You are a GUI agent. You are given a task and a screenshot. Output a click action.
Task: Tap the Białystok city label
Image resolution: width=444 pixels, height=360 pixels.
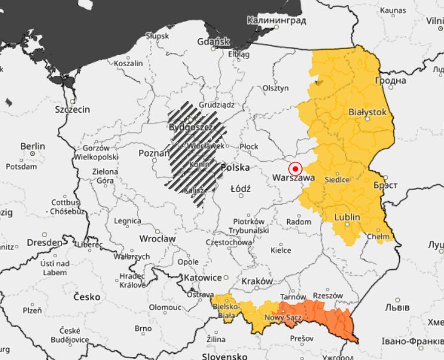pyautogui.click(x=367, y=112)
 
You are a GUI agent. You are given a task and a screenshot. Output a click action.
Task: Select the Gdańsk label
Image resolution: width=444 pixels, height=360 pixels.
pyautogui.click(x=213, y=42)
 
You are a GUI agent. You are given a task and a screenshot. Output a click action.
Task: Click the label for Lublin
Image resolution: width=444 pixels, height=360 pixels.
pyautogui.click(x=347, y=217)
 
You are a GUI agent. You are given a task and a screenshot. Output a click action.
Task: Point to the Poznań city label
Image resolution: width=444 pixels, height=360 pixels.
pyautogui.click(x=154, y=153)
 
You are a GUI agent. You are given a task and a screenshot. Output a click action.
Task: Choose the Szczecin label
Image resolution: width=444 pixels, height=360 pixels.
pyautogui.click(x=72, y=109)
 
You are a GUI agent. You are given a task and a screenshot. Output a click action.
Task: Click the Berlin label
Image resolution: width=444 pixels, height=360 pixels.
pyautogui.click(x=32, y=146)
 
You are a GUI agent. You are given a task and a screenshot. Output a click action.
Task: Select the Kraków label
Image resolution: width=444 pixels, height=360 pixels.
pyautogui.click(x=257, y=281)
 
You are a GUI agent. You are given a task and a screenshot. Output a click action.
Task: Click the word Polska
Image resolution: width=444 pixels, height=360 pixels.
pyautogui.click(x=235, y=168)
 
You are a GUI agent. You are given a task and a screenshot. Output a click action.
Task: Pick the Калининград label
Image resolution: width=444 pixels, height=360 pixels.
pyautogui.click(x=276, y=21)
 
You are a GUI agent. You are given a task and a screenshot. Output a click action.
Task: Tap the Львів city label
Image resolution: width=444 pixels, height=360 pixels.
pyautogui.click(x=396, y=308)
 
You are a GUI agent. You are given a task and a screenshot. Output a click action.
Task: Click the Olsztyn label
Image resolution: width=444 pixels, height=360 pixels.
pyautogui.click(x=275, y=88)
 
